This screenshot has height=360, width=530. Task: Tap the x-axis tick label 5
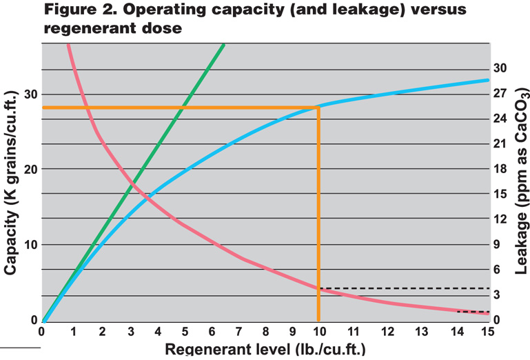[x=189, y=332]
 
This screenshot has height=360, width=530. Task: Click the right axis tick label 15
[x=500, y=194]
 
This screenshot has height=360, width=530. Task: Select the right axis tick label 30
[x=500, y=68]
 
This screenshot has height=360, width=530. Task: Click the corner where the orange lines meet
[x=318, y=108]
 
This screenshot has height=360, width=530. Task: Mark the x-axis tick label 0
[x=42, y=332]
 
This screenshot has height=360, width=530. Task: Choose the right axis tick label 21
[x=500, y=144]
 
